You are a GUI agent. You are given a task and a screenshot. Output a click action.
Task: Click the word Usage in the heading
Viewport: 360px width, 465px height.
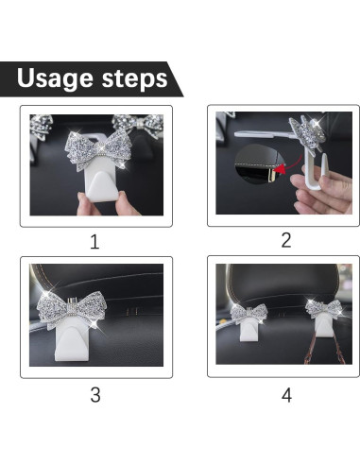pos(55,78)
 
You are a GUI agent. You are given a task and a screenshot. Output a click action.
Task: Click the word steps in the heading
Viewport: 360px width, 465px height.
pos(134,78)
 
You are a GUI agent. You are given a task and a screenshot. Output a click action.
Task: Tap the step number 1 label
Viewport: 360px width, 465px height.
pos(94,242)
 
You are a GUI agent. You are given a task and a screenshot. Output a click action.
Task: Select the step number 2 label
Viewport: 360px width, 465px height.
pos(286,240)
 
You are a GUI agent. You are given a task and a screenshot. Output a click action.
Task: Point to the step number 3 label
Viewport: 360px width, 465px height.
pos(95,395)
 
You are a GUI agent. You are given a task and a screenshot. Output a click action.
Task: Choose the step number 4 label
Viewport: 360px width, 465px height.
pos(286,395)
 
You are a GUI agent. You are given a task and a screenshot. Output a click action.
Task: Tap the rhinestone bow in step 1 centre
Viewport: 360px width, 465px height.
pos(98,149)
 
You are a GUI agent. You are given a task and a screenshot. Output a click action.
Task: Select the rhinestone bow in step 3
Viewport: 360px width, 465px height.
pos(72,309)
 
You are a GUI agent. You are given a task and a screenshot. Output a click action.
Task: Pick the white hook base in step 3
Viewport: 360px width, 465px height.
pos(72,343)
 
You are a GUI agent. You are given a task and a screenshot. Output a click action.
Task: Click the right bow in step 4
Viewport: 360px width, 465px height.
pos(324,308)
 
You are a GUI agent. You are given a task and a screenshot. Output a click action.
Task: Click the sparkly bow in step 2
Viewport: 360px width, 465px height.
pos(307,132)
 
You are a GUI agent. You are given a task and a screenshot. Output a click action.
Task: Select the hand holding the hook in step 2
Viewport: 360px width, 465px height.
pos(324,192)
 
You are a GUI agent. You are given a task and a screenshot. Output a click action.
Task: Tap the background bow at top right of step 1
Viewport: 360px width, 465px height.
pos(139,125)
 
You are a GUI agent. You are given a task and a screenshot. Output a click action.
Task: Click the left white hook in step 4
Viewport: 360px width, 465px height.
pos(249,329)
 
